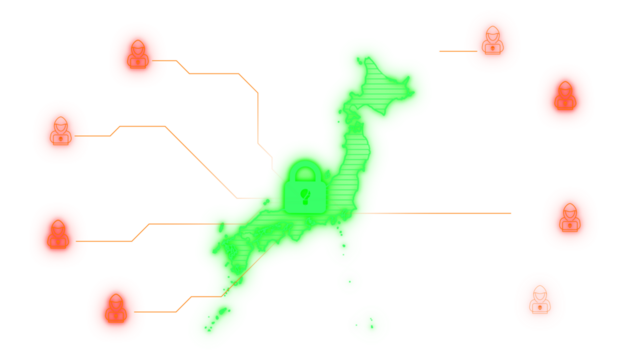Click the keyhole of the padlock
point(305,195)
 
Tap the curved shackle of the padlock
point(305,172)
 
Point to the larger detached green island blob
point(369,324)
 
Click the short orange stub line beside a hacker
point(456,51)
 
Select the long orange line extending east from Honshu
point(440,213)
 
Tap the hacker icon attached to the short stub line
point(492,42)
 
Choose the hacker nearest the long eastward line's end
point(569,218)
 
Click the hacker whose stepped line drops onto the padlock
point(138,54)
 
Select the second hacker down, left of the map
point(61,132)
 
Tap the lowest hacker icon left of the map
point(116,309)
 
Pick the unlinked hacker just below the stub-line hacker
point(565,97)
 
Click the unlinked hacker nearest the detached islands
point(540,301)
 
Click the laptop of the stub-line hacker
point(492,48)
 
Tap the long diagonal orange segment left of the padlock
point(200,161)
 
